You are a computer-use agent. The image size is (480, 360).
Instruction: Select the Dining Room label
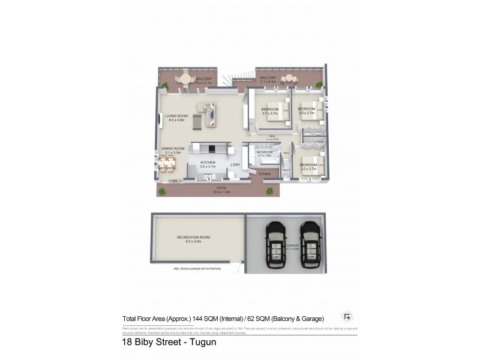172,150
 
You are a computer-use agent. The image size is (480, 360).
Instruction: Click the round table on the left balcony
186,79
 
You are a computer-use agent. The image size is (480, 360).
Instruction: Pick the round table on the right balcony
289,78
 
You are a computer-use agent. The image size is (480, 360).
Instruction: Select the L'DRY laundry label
235,164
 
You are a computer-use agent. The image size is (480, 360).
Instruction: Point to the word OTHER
265,174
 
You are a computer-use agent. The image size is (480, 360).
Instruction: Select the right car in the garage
310,246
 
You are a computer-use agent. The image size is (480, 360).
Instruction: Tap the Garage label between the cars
293,246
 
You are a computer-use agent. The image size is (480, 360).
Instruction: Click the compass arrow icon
347,317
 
